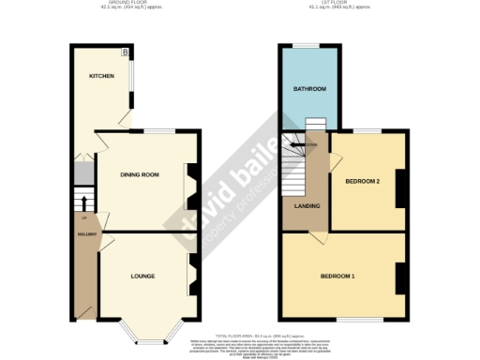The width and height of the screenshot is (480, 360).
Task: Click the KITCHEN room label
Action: (x=101, y=77)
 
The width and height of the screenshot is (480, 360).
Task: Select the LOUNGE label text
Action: (x=142, y=276)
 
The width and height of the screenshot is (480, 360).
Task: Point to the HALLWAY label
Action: (x=86, y=233)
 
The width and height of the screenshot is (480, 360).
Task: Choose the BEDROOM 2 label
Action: (x=362, y=180)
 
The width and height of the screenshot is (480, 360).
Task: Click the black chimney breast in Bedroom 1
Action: (x=400, y=277)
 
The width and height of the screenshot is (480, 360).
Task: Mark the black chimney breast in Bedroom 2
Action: (x=400, y=187)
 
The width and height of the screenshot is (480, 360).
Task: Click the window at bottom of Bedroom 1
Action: (x=351, y=321)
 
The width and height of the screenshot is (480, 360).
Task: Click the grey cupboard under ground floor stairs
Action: (x=82, y=173)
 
